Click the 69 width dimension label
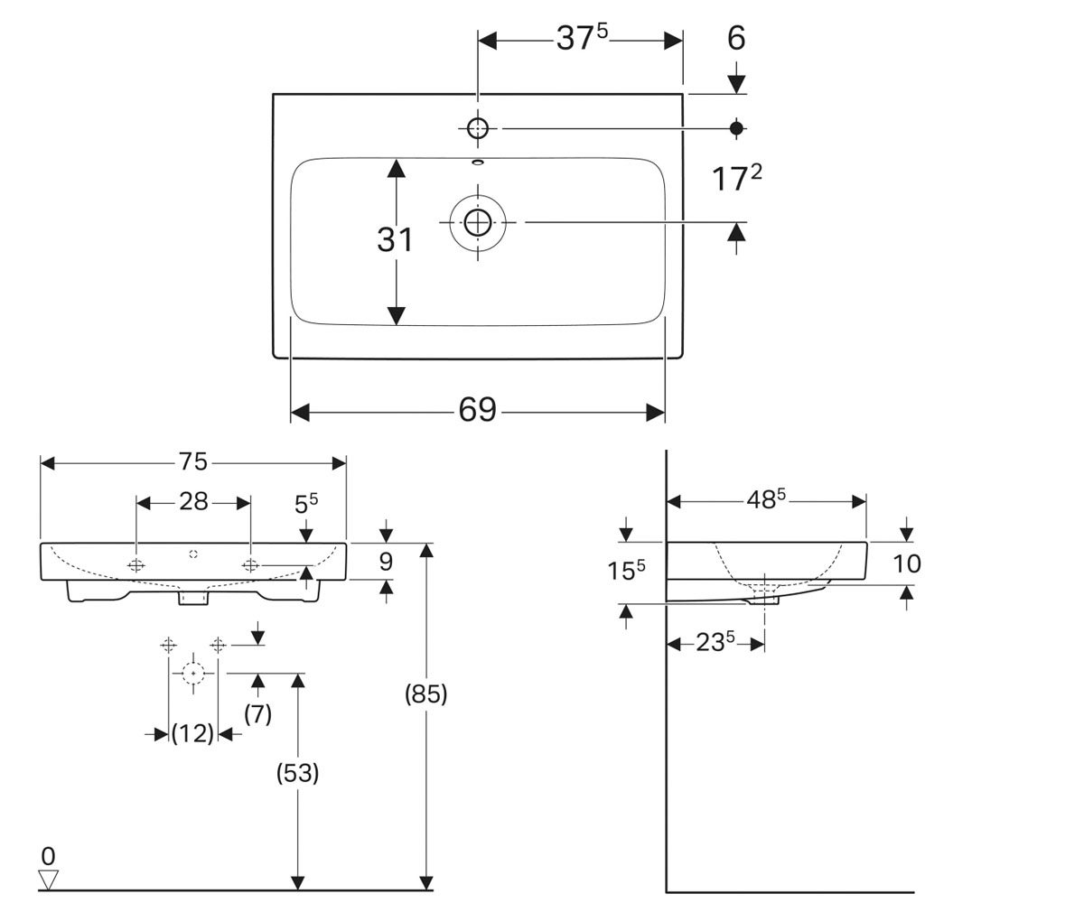tap(477, 409)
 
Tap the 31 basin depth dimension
tap(395, 240)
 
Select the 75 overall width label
tap(193, 461)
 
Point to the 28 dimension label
tap(193, 502)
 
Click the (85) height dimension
tap(425, 694)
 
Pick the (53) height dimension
tap(297, 773)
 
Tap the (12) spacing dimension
tap(192, 734)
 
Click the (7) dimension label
tap(258, 714)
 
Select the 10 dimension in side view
tap(906, 563)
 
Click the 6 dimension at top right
tap(736, 39)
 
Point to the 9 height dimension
tap(386, 562)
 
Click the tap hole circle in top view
tap(478, 128)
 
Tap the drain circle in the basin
tap(478, 223)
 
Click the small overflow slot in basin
tap(478, 163)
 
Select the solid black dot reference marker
tap(736, 128)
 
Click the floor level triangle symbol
tap(48, 880)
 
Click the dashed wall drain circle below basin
tap(193, 673)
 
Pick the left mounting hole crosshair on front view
tap(136, 565)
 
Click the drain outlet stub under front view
tap(193, 597)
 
